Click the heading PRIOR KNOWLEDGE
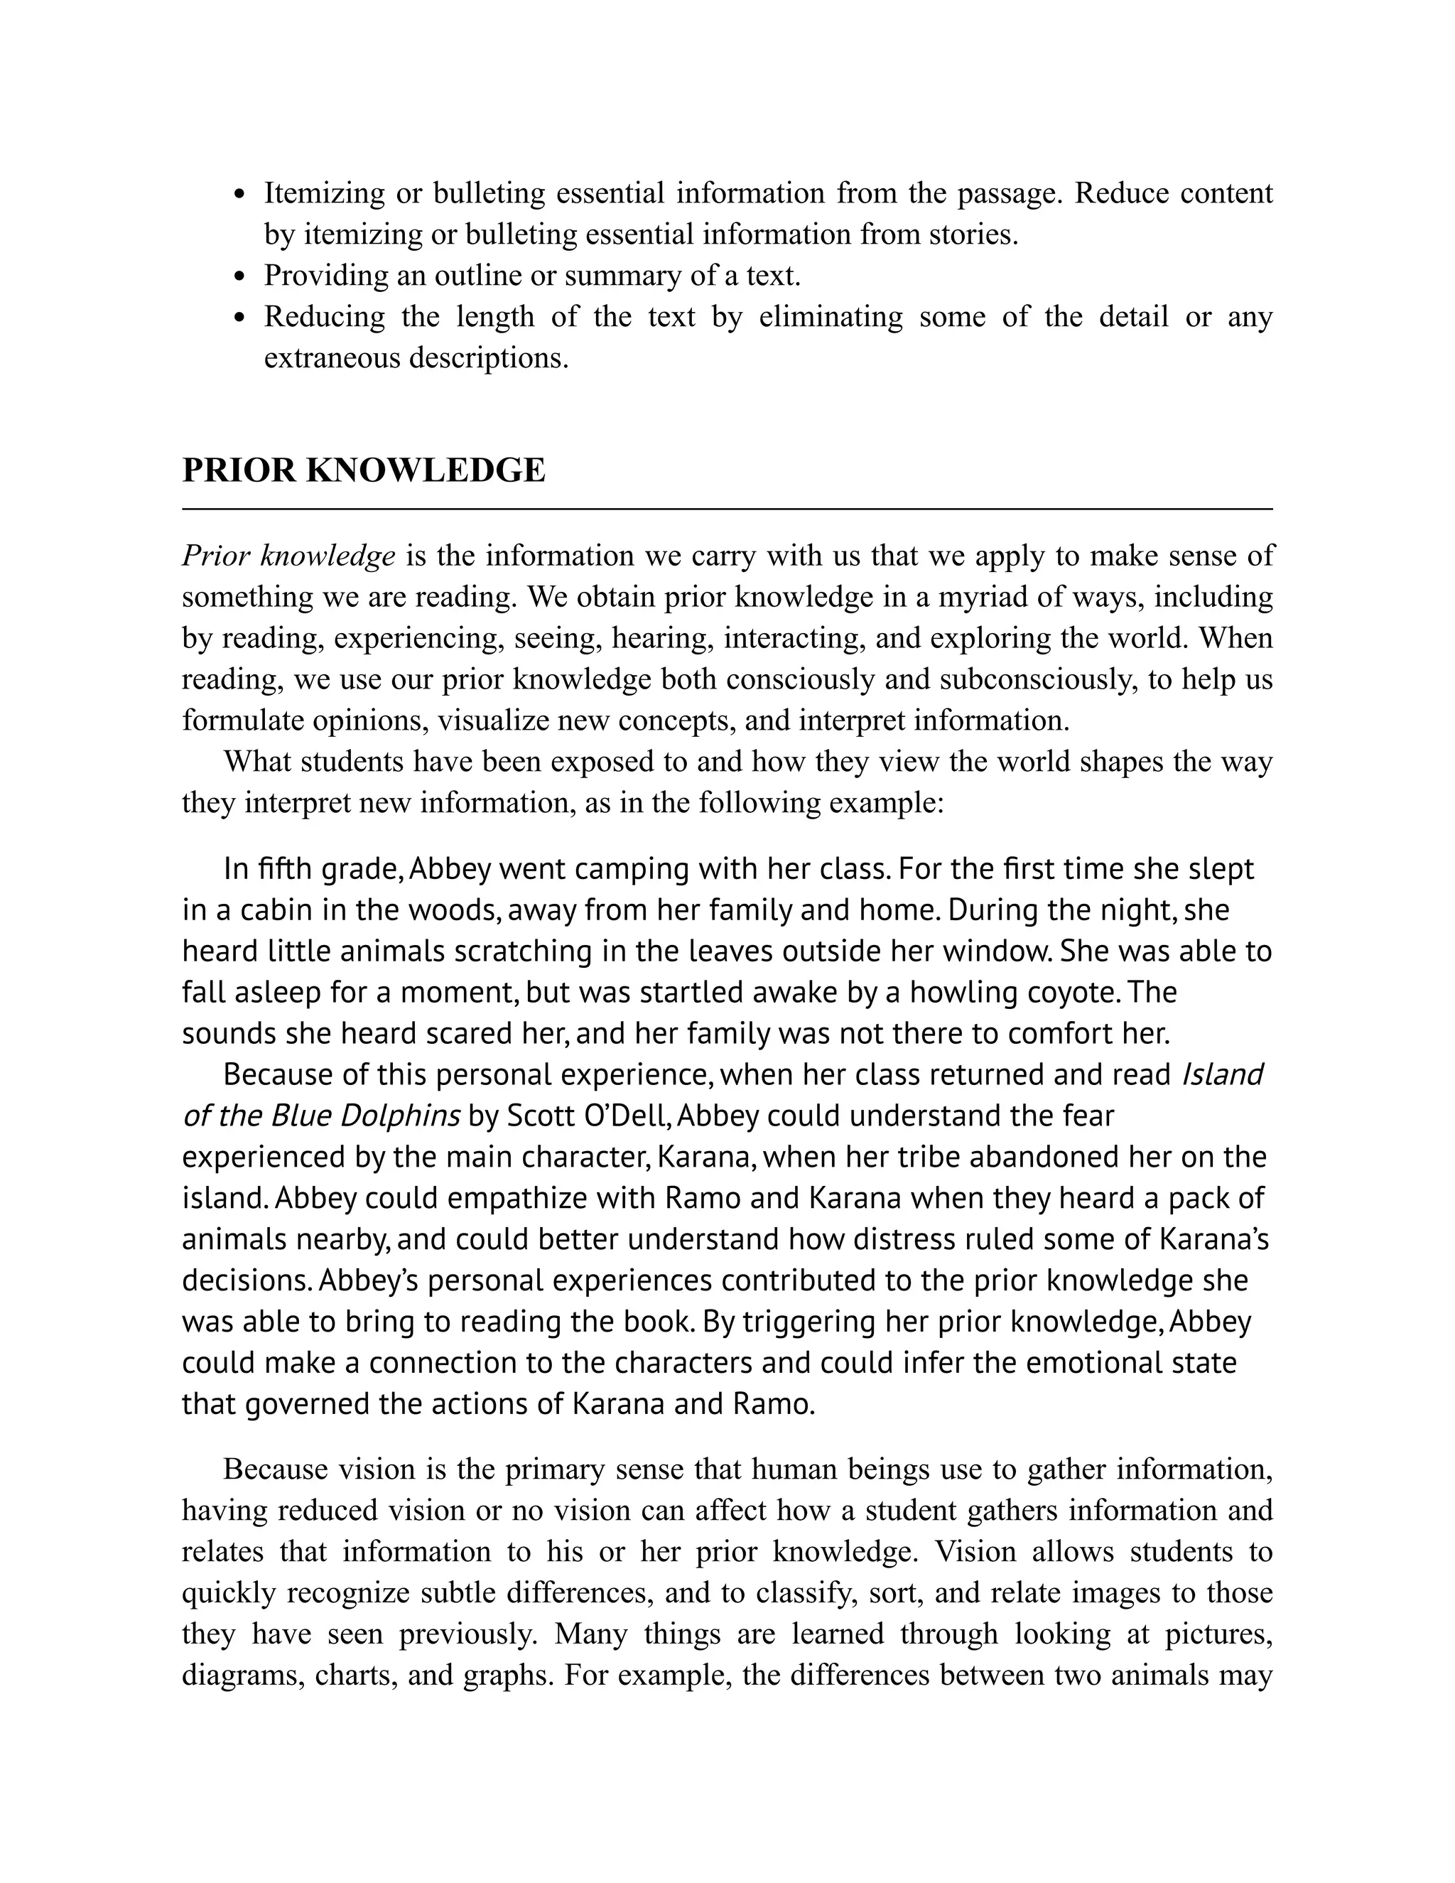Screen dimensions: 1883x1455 click(x=363, y=470)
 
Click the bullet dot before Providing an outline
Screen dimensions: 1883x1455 click(x=242, y=276)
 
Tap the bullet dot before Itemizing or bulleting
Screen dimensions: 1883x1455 click(x=242, y=194)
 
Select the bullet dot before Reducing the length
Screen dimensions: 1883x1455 click(x=242, y=318)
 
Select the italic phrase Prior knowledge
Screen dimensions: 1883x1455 click(x=288, y=556)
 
